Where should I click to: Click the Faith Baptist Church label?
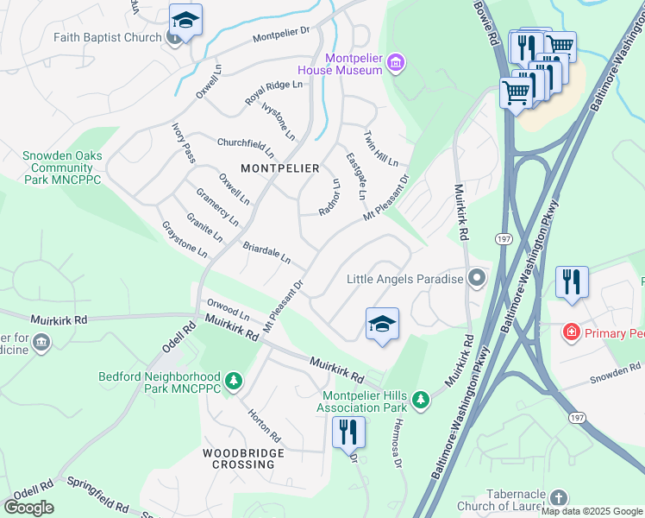coord(107,37)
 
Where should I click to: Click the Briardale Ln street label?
coord(266,253)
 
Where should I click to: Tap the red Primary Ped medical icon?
coord(570,332)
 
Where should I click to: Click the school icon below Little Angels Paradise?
coord(382,324)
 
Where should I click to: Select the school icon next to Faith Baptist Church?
coord(185,20)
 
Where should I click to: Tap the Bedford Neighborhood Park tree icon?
coord(232,380)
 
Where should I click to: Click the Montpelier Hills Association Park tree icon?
coord(420,399)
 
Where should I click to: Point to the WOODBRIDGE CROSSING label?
coord(238,458)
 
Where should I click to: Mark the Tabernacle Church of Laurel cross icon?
coord(558,498)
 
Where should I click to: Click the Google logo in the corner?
coord(28,508)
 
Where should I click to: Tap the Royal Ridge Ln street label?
coord(273,92)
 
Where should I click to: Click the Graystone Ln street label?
coord(185,240)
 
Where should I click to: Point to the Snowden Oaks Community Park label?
coord(62,167)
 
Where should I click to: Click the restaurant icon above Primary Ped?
coord(572,282)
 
